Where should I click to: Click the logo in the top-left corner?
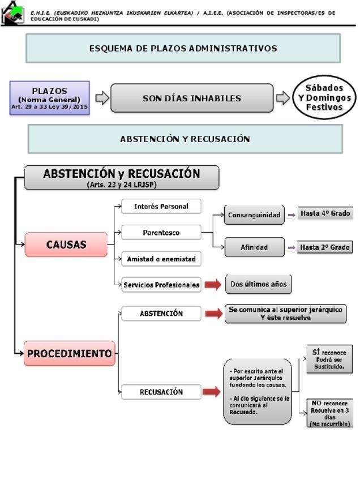tap(12, 12)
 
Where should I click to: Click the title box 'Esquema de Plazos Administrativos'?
tap(183, 48)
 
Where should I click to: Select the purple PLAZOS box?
tap(50, 98)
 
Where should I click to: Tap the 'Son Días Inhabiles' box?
tap(192, 98)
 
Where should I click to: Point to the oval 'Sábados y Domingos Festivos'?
tap(324, 97)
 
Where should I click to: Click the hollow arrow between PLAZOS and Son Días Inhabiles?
tap(102, 98)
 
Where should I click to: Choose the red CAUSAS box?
tap(66, 245)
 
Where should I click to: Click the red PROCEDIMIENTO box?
tap(70, 353)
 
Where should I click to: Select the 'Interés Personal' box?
tap(161, 207)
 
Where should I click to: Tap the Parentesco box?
tap(161, 232)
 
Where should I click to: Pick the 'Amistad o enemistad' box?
tap(161, 259)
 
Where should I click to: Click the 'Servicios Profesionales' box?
tap(161, 285)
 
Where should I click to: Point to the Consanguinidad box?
tap(254, 215)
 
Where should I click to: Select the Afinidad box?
tap(254, 247)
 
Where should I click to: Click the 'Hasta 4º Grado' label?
tap(325, 213)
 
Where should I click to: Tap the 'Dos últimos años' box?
tap(259, 284)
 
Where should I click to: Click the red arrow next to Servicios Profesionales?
tap(213, 285)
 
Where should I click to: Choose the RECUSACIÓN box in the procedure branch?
tap(161, 392)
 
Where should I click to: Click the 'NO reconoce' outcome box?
tap(329, 413)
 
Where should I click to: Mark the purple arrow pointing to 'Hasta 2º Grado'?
tap(292, 247)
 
